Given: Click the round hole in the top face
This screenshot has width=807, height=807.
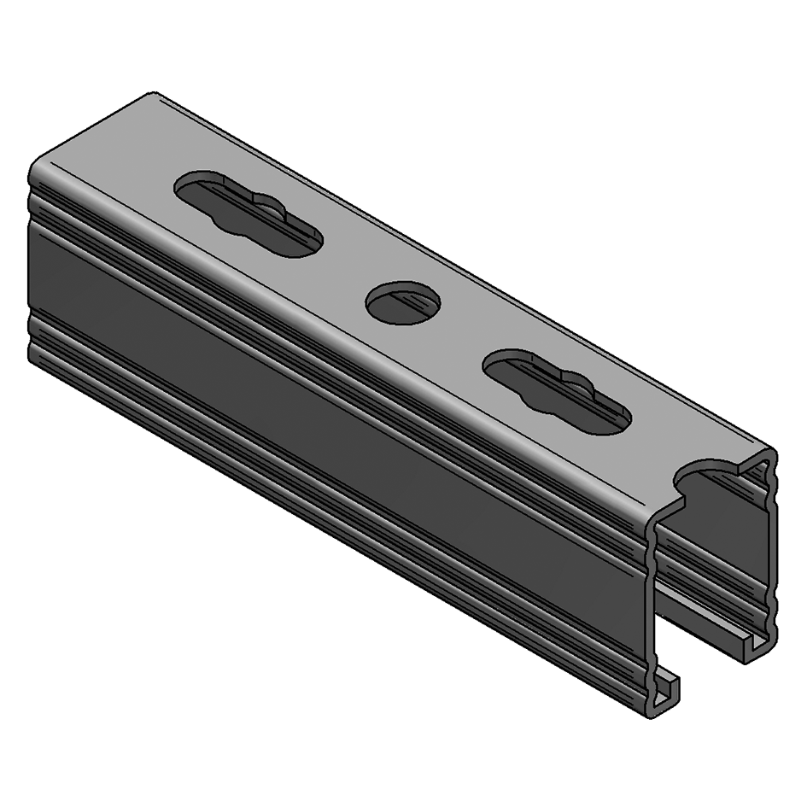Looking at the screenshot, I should [x=403, y=303].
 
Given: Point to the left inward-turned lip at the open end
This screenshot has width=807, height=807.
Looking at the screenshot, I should [x=666, y=692].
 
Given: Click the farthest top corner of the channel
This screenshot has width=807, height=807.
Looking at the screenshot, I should [x=154, y=94].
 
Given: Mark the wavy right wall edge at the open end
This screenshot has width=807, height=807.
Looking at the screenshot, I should [x=773, y=555].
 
